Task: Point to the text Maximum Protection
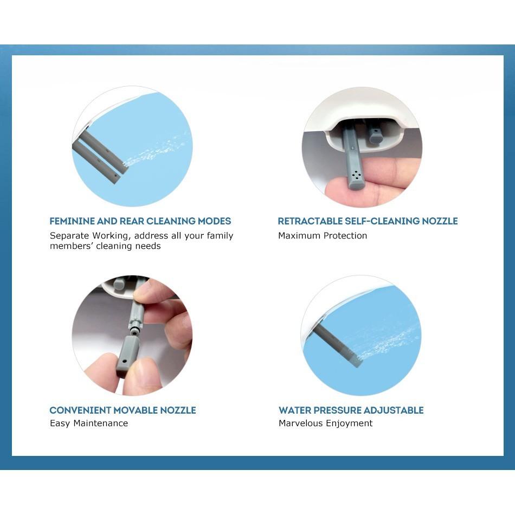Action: tap(323, 236)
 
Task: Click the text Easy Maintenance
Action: tap(89, 423)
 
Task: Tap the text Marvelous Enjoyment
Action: tap(325, 423)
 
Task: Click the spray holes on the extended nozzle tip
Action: tap(356, 175)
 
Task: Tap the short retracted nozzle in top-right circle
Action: tap(375, 133)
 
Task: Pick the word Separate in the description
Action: tap(69, 236)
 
